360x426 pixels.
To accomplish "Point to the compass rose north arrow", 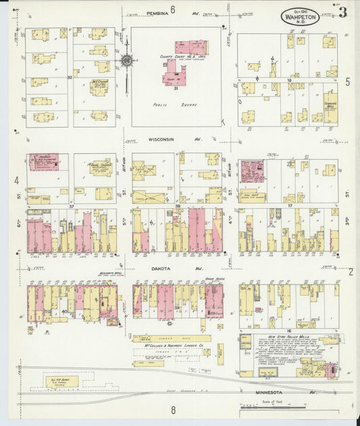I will click(126, 61).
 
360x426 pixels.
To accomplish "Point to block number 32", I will click(70, 77).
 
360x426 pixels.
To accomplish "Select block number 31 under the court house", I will click(175, 88).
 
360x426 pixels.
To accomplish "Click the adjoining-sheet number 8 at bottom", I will click(173, 409).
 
